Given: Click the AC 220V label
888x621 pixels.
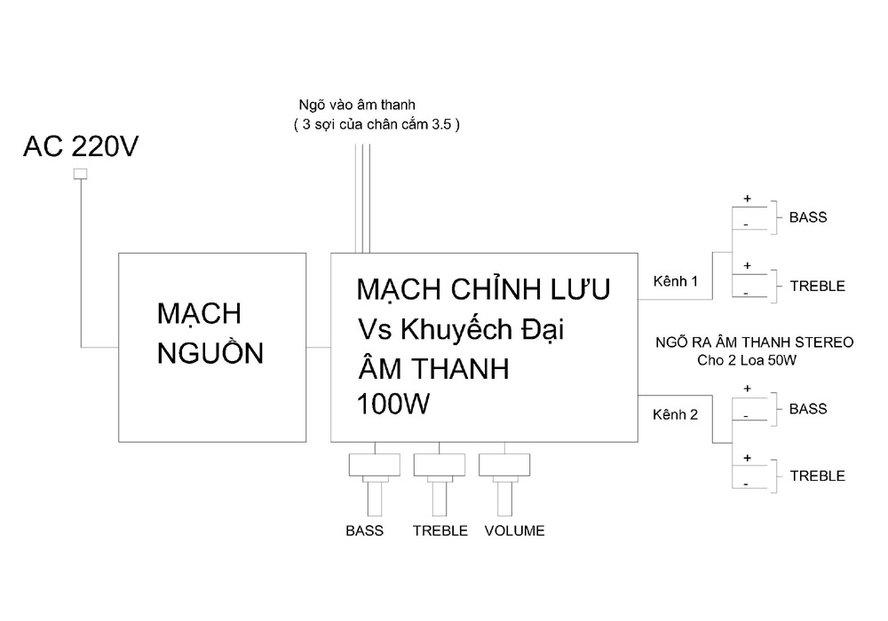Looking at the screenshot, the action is [81, 146].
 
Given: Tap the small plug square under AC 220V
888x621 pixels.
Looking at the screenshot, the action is [81, 174].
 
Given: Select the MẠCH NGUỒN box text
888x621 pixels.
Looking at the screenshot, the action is [210, 334].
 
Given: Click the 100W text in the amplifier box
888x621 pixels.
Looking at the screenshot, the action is [393, 404].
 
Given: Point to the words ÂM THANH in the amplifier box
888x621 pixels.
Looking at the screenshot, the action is [434, 368].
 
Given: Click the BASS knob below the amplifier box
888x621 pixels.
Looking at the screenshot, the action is [375, 484].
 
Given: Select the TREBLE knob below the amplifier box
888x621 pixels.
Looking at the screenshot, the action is [440, 484].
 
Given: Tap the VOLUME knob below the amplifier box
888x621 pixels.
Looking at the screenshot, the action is [504, 484].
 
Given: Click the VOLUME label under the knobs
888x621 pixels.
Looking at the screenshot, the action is [514, 531].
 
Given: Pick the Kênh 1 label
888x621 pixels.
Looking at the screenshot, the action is [675, 281].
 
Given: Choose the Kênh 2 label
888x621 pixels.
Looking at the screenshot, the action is [675, 414].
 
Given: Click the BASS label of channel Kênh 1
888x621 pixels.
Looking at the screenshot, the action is [808, 217].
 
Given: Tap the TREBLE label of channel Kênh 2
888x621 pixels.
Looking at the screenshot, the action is [818, 476].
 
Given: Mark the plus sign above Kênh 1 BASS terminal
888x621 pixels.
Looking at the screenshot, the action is [748, 199].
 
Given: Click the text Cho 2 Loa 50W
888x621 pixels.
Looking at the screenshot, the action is [747, 360].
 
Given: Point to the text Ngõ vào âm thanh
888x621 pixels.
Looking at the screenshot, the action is [357, 106].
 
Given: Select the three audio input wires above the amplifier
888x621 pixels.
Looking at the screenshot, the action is [362, 199].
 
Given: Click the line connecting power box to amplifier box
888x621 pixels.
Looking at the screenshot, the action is [318, 347].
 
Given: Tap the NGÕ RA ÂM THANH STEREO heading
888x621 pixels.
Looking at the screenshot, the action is [754, 342].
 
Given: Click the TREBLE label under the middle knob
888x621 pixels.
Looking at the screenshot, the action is [440, 531].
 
